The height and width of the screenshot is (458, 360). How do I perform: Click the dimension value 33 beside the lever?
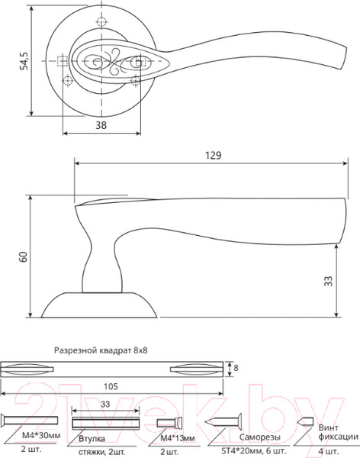[x=328, y=281]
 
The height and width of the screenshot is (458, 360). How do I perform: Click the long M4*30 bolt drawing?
[x=31, y=421]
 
